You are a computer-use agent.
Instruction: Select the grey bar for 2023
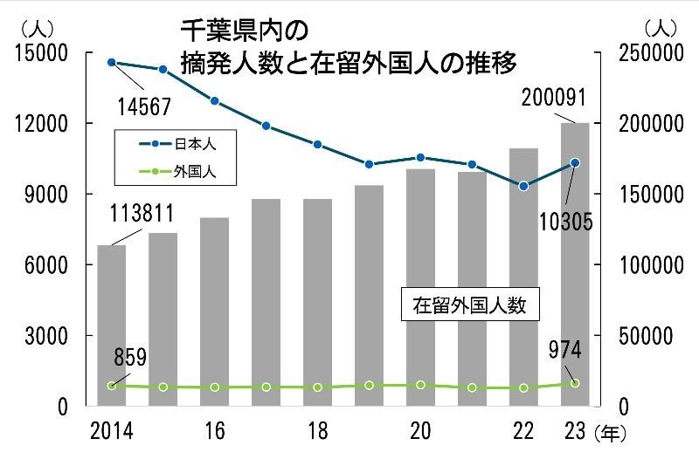pyautogui.click(x=575, y=262)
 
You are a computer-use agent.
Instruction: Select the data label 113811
pyautogui.click(x=142, y=214)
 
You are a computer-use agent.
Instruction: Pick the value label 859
pyautogui.click(x=128, y=357)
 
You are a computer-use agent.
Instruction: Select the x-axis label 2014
pyautogui.click(x=111, y=430)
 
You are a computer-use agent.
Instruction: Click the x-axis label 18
pyautogui.click(x=317, y=430)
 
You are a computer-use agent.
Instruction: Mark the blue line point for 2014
pyautogui.click(x=111, y=63)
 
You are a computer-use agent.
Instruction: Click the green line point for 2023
pyautogui.click(x=575, y=383)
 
